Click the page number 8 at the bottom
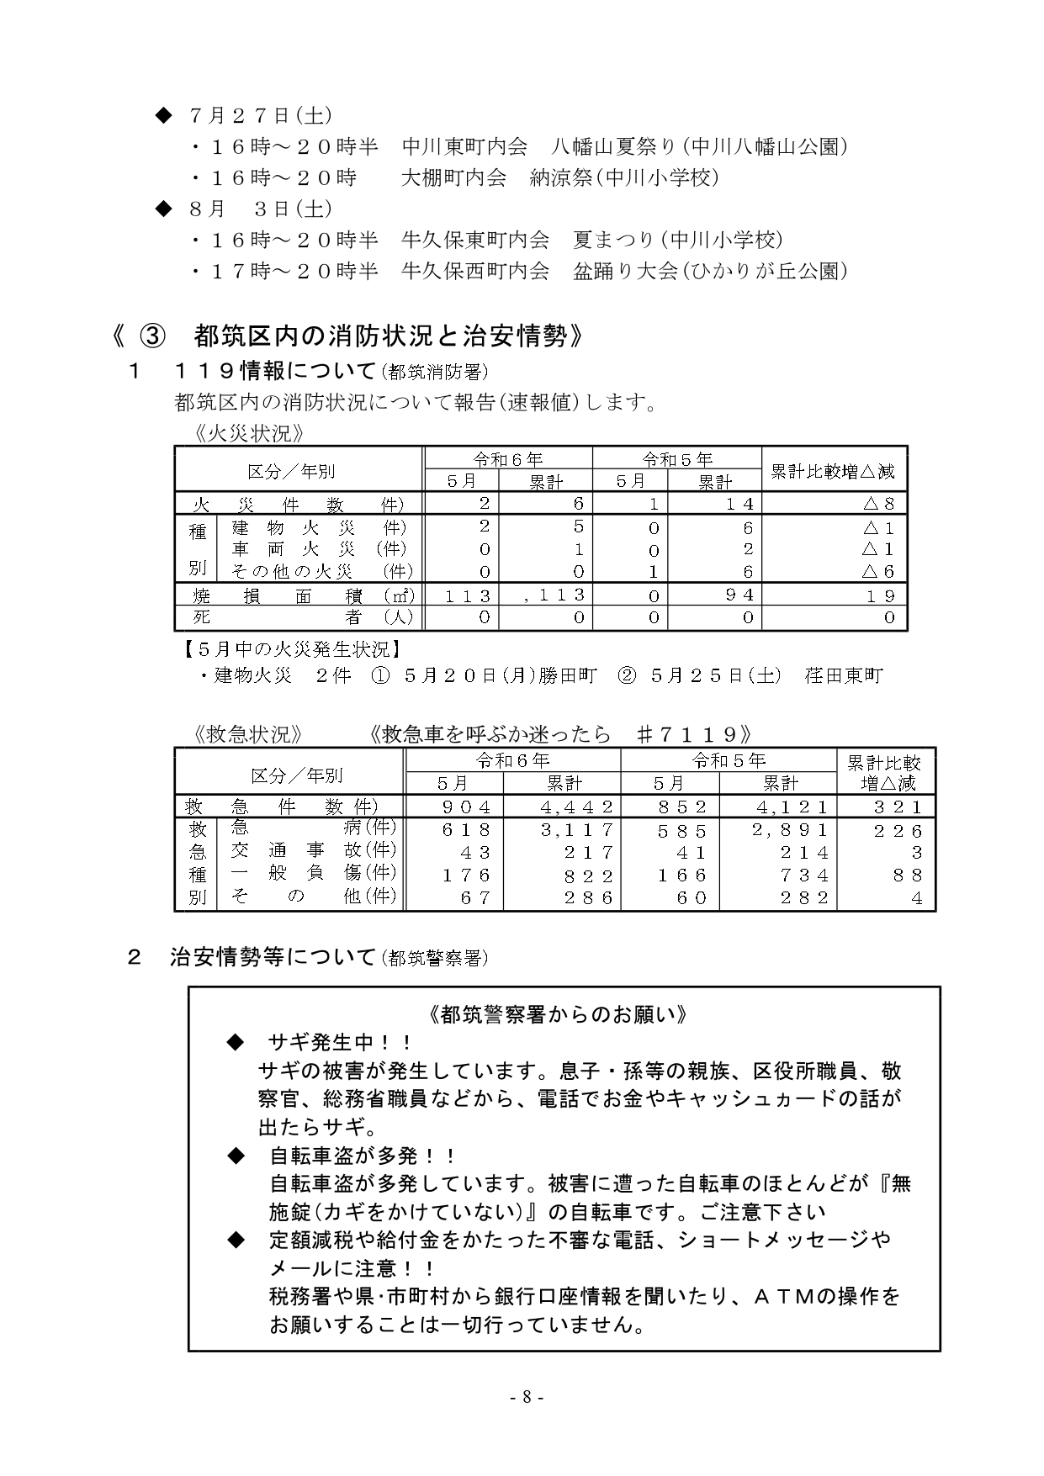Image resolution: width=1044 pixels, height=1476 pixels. click(x=527, y=1398)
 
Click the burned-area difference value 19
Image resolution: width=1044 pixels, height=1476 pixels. click(x=880, y=595)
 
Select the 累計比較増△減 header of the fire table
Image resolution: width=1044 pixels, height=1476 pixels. click(x=833, y=472)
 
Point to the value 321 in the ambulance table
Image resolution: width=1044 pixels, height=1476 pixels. click(x=898, y=807)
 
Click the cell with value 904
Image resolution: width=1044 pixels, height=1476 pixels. click(x=466, y=807)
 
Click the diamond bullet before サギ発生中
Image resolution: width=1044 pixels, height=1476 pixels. click(x=236, y=1043)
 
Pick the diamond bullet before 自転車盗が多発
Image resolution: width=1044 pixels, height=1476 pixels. click(x=236, y=1156)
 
